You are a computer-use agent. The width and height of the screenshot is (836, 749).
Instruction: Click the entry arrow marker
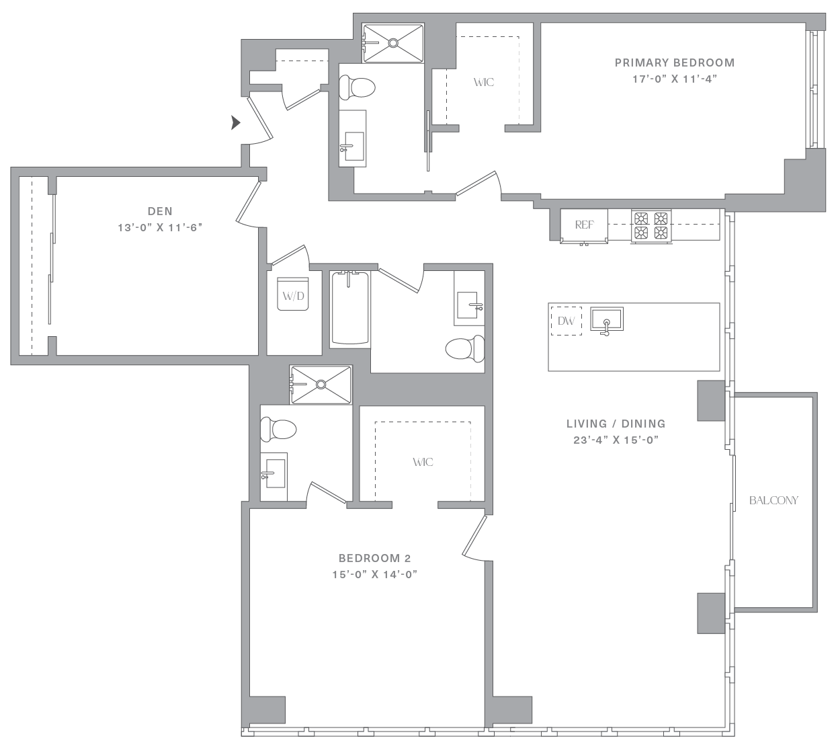coord(236,122)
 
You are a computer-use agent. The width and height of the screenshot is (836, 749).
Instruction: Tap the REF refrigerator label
coord(584,225)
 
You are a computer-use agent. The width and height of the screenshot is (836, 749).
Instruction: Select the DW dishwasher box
coord(566,321)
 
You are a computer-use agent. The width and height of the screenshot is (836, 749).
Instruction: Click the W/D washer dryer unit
coord(293,294)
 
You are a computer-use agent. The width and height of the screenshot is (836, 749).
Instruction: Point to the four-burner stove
coord(651,225)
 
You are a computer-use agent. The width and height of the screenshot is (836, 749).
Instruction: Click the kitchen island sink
coord(607,319)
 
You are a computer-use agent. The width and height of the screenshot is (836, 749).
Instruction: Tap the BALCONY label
coord(774,500)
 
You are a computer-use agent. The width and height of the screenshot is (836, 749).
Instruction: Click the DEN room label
coord(160,211)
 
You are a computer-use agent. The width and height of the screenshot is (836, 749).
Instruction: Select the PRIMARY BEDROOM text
coord(675,63)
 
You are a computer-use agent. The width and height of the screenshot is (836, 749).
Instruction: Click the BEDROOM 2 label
coord(375,558)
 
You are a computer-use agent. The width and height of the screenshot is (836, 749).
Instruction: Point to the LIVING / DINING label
coord(616,424)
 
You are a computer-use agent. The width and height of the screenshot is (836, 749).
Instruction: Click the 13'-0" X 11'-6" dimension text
coord(160,227)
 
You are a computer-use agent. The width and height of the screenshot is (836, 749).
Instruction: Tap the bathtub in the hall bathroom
coord(350,308)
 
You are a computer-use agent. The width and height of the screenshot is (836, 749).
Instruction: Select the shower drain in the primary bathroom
coord(393,42)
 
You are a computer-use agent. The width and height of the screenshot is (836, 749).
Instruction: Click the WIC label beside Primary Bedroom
coord(484,82)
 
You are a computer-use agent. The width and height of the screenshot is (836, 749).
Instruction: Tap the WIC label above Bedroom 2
coord(423,462)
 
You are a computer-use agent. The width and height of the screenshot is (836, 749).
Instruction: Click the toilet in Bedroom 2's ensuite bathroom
coord(278,429)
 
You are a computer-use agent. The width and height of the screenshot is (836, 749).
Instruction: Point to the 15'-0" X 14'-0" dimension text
coord(375,574)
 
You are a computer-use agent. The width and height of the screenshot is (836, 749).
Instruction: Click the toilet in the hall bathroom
coord(465,348)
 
